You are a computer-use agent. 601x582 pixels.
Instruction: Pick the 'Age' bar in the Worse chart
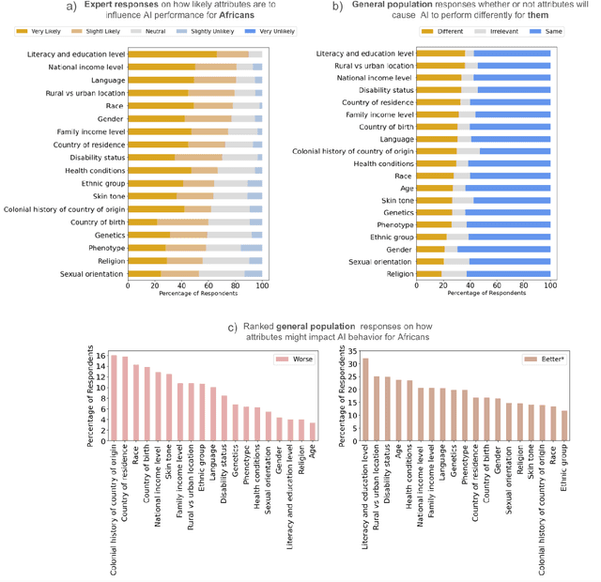(x=313, y=432)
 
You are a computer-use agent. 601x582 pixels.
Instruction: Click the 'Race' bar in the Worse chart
(x=136, y=403)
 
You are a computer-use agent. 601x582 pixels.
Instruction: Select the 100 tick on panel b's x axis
(x=550, y=284)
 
